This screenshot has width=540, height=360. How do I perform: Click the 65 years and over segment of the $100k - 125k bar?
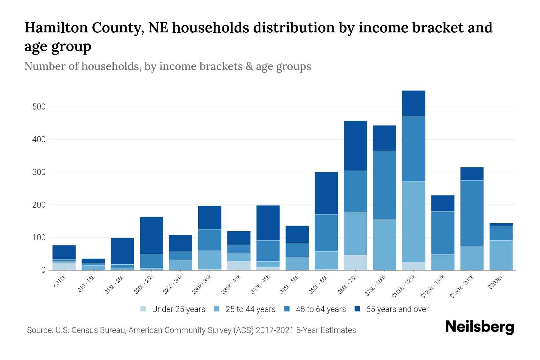pyautogui.click(x=413, y=103)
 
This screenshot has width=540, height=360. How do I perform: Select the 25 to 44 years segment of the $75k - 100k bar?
pyautogui.click(x=384, y=244)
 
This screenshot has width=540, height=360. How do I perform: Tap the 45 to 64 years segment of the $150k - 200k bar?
pyautogui.click(x=472, y=213)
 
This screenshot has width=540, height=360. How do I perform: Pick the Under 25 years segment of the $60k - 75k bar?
pyautogui.click(x=355, y=262)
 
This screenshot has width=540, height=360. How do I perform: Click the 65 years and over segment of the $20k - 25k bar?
pyautogui.click(x=151, y=235)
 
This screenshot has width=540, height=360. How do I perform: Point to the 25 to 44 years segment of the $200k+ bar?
pyautogui.click(x=501, y=255)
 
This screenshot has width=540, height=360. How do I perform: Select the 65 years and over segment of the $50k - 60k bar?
pyautogui.click(x=326, y=193)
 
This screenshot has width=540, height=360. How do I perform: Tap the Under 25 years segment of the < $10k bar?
pyautogui.click(x=64, y=266)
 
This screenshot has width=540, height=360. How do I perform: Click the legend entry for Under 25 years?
pyautogui.click(x=178, y=309)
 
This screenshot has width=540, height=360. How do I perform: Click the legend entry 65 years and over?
pyautogui.click(x=397, y=309)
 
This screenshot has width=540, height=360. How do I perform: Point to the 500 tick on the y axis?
pyautogui.click(x=39, y=107)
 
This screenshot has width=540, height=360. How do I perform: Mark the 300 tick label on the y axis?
pyautogui.click(x=39, y=172)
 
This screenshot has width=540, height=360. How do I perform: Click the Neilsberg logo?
pyautogui.click(x=479, y=327)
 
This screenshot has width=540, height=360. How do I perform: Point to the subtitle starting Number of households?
pyautogui.click(x=167, y=66)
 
